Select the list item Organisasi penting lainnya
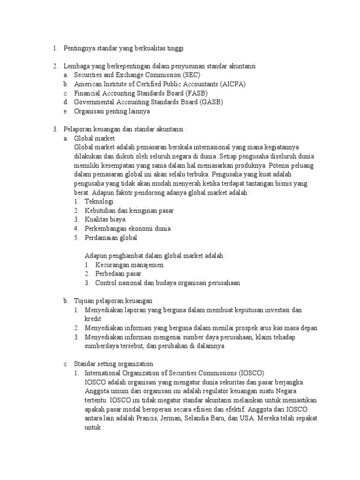(x=112, y=111)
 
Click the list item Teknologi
(x=99, y=201)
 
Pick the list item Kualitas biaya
(x=105, y=219)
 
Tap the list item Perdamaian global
(x=111, y=238)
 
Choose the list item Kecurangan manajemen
(x=129, y=265)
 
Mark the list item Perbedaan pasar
(x=118, y=274)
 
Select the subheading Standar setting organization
(x=113, y=364)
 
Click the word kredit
(x=94, y=319)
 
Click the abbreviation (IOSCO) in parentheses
(x=251, y=373)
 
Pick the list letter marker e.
(x=66, y=111)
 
